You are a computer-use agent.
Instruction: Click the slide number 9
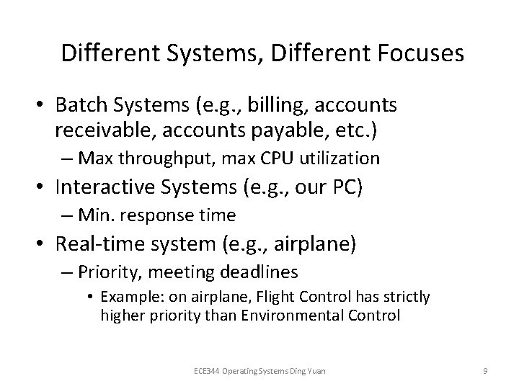coord(486,370)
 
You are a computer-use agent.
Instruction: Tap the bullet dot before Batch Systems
coord(43,106)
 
